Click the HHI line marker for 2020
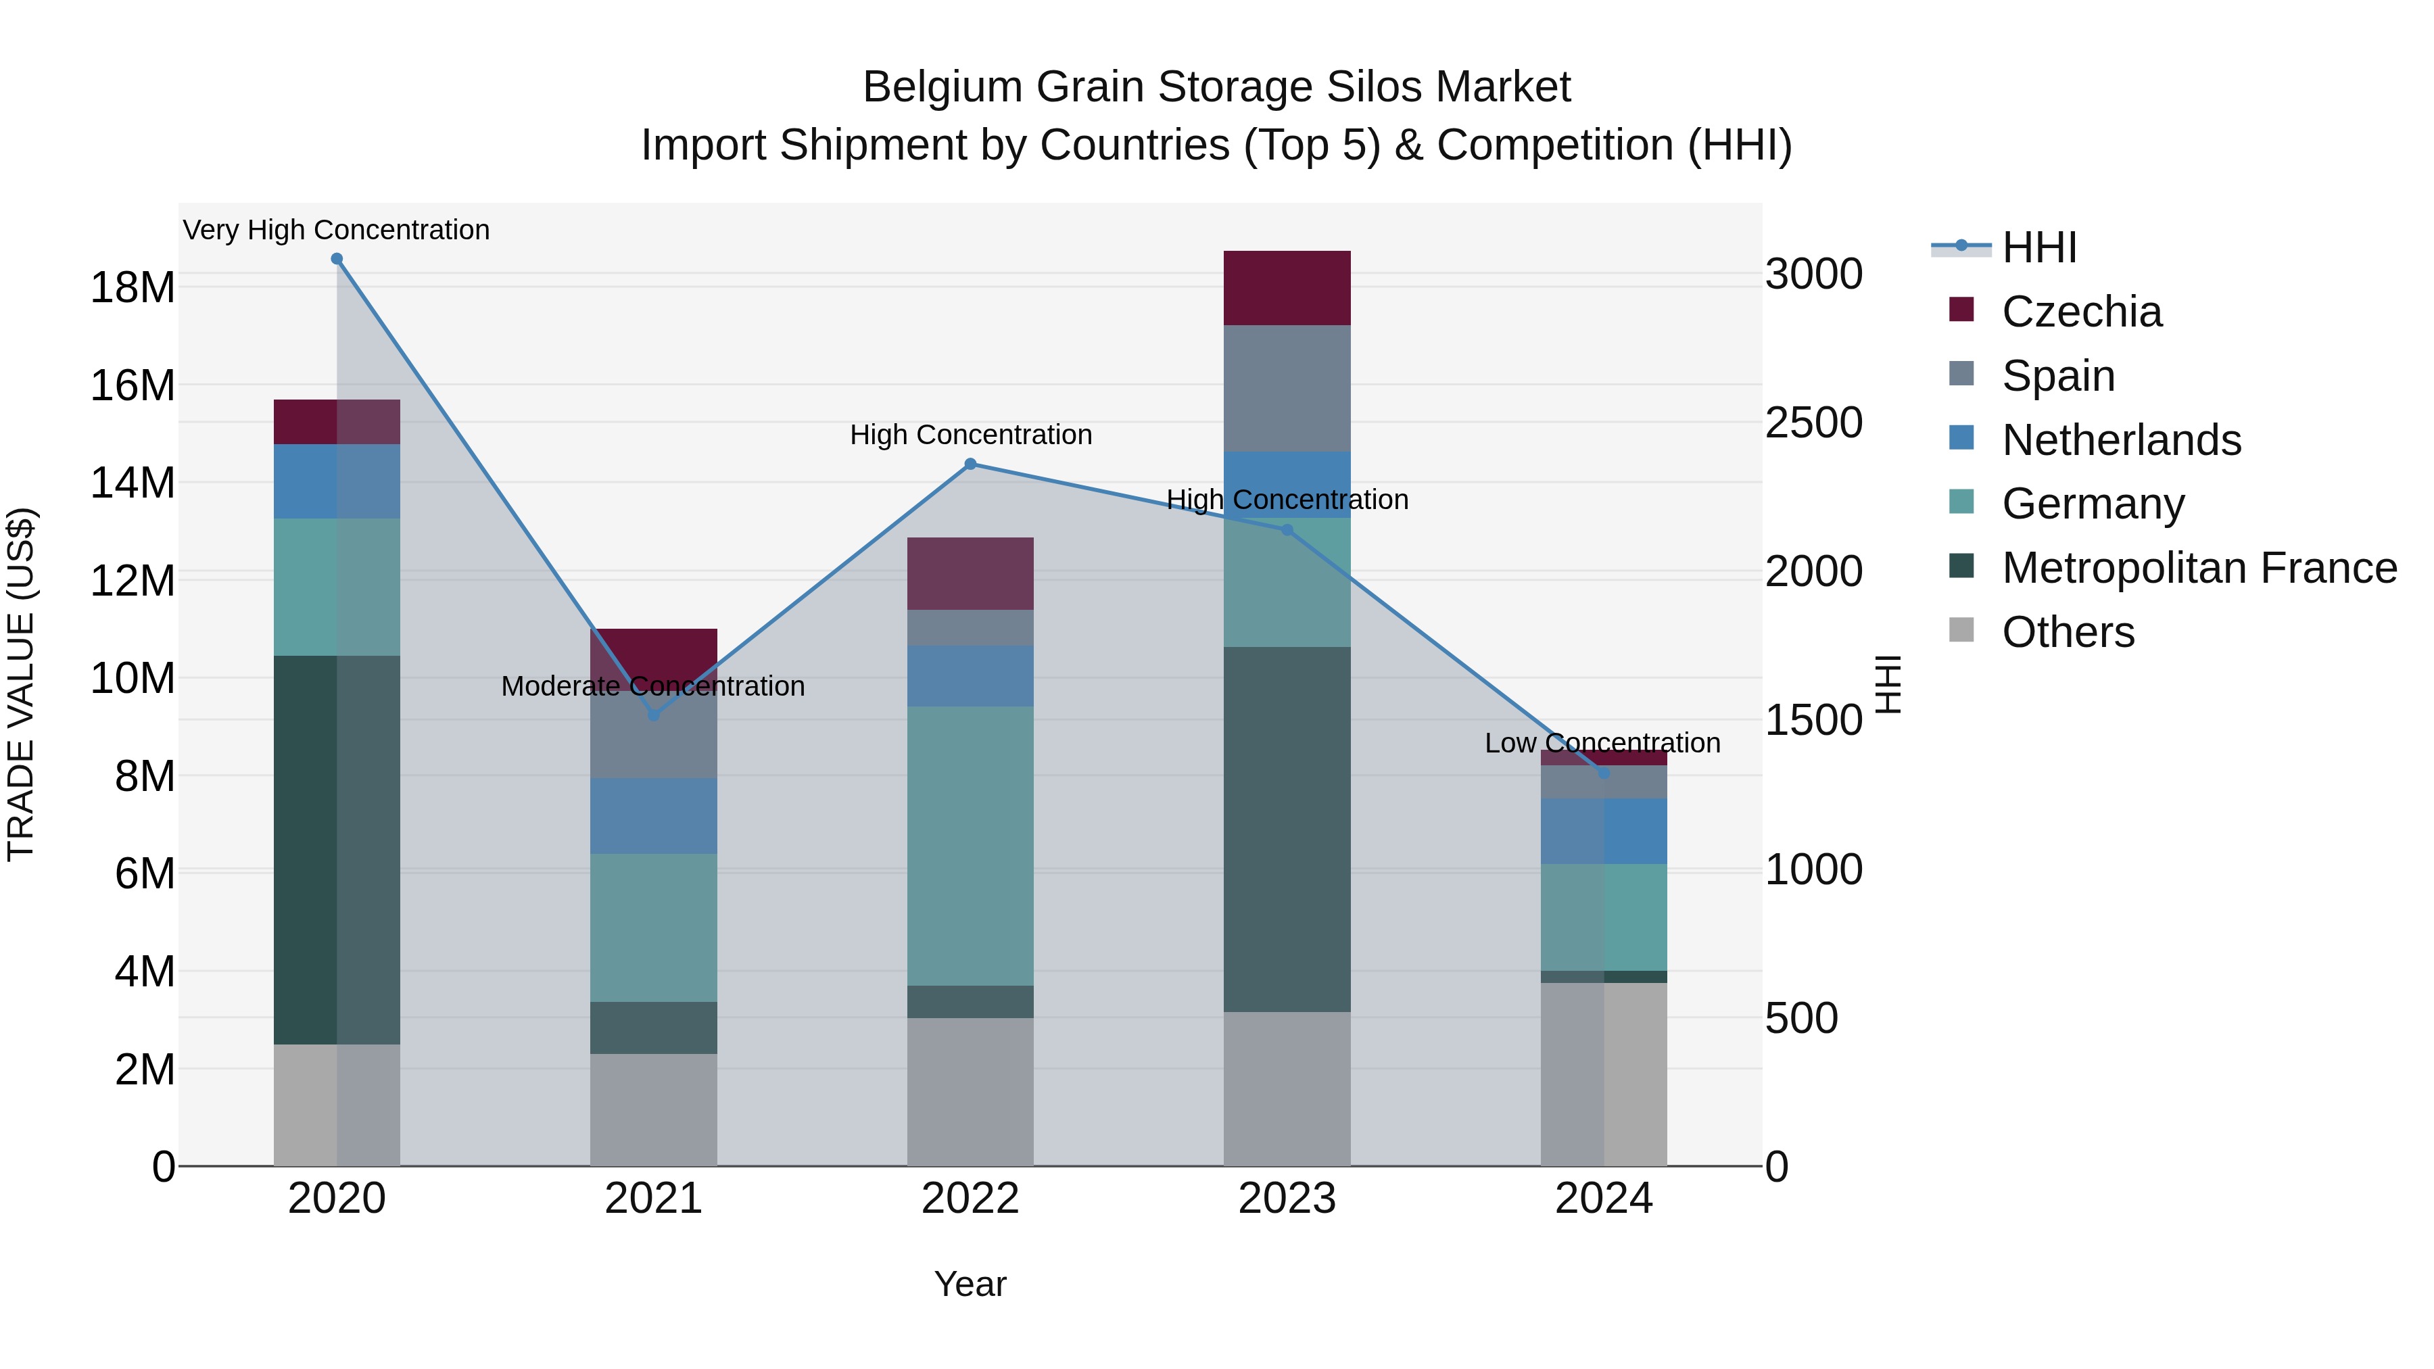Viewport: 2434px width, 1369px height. (x=337, y=259)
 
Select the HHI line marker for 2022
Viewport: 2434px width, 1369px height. (x=970, y=464)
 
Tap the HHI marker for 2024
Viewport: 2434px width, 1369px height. (x=1604, y=773)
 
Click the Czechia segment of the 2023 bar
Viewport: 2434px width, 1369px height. (x=1287, y=288)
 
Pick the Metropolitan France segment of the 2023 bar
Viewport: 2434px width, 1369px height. (x=1287, y=830)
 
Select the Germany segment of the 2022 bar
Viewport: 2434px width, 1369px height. (x=970, y=846)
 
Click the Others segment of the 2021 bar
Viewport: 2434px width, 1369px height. (x=653, y=1109)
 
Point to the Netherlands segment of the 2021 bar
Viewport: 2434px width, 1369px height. (x=653, y=815)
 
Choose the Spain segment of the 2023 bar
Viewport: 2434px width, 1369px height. (x=1287, y=388)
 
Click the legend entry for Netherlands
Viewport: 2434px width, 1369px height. (x=2120, y=440)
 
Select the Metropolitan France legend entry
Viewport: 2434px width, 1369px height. (x=2199, y=568)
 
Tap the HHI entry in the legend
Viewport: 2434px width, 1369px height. (x=2039, y=247)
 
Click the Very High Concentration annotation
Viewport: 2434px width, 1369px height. (x=337, y=230)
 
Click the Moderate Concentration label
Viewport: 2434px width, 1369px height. (x=653, y=686)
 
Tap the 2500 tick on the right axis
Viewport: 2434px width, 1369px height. (x=1813, y=423)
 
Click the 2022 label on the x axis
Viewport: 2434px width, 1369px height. (x=970, y=1199)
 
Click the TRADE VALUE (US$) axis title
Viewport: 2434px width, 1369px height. (x=21, y=684)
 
